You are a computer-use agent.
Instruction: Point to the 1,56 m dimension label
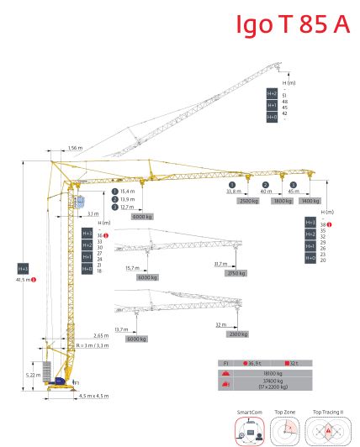[x=76, y=149]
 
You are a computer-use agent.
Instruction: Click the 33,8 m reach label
[x=234, y=192]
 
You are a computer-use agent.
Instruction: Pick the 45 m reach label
[x=294, y=192]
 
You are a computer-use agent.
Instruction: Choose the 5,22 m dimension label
[x=31, y=375]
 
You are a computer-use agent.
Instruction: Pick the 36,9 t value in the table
[x=252, y=362]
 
